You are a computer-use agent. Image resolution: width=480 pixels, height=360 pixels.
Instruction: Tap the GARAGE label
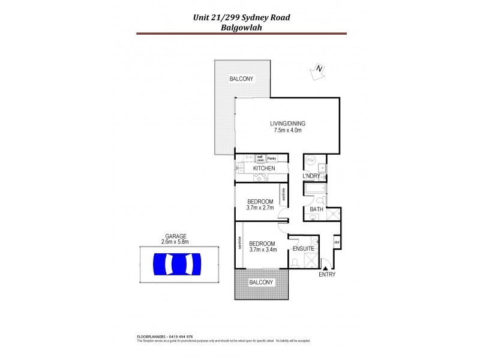coord(176,236)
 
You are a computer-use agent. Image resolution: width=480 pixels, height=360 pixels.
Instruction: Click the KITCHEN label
coord(264,169)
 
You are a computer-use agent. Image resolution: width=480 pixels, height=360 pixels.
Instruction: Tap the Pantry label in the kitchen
coord(271,158)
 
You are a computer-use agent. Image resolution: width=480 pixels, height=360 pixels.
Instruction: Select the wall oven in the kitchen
coord(260,158)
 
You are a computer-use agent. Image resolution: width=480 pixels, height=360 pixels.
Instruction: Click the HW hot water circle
coord(310,160)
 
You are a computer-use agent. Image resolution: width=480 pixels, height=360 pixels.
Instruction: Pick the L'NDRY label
coord(312,176)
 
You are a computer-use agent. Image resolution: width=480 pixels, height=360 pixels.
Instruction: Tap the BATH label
coord(316,209)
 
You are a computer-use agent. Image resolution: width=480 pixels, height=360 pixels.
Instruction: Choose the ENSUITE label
coord(303,248)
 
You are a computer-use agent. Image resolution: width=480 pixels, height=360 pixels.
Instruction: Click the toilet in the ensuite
coord(295,262)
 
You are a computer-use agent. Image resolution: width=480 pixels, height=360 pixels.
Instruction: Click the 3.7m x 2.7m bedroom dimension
coord(260,208)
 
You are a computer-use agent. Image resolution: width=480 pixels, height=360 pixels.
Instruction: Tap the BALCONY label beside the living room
coord(241,79)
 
